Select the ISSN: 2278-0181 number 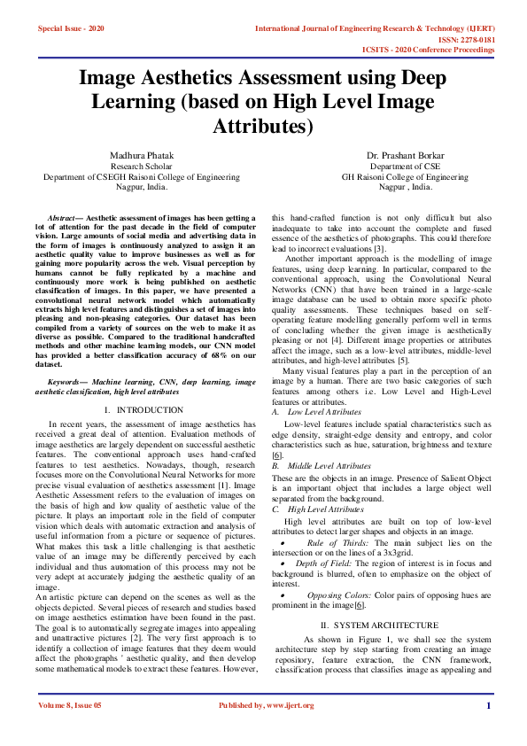click(463, 39)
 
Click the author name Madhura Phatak click(142, 155)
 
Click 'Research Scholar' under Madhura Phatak click(142, 167)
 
